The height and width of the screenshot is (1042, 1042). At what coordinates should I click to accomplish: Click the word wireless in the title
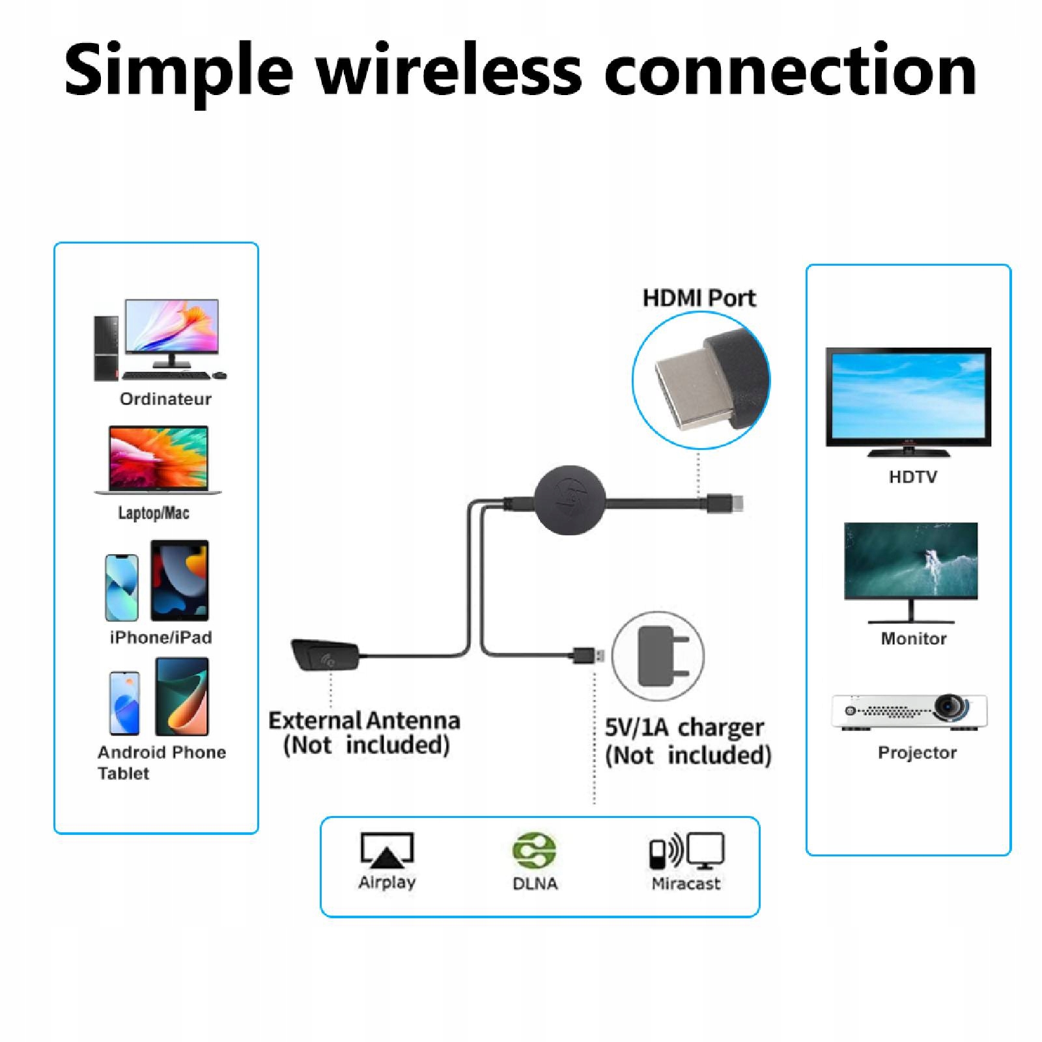click(x=449, y=70)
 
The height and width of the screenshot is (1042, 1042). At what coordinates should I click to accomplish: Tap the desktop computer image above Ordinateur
click(x=160, y=339)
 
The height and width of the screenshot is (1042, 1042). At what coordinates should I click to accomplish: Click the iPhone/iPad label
click(x=161, y=637)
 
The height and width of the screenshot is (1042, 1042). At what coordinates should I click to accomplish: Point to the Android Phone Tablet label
click(x=161, y=762)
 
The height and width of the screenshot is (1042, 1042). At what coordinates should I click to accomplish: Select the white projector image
click(x=909, y=712)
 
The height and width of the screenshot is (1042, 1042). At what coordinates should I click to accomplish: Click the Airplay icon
click(x=387, y=850)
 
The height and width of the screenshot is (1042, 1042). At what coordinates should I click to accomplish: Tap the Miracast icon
click(x=686, y=851)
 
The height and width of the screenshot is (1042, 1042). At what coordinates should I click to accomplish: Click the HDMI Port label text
click(x=699, y=298)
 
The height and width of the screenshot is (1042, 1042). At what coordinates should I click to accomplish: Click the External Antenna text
click(x=364, y=721)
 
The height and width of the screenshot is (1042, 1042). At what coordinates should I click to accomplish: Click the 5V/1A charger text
click(x=684, y=727)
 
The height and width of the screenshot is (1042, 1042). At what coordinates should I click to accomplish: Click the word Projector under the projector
click(x=917, y=753)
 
